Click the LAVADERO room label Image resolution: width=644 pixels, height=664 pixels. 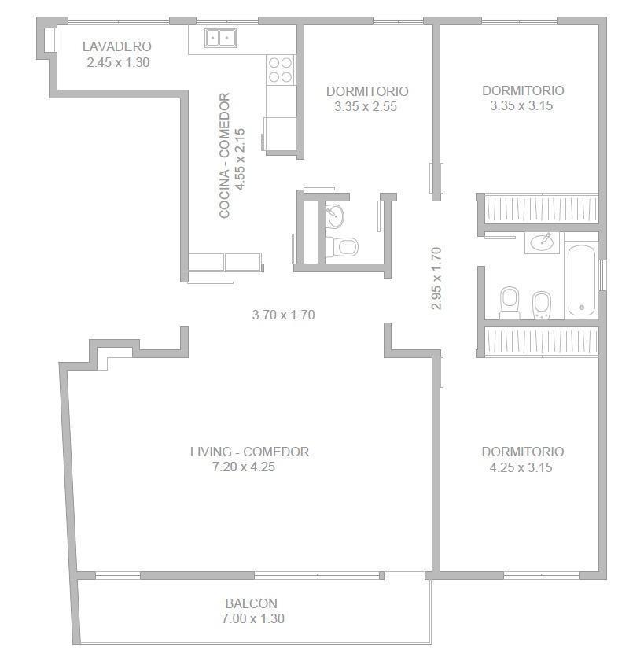(x=117, y=46)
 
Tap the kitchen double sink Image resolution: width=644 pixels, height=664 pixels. (x=220, y=38)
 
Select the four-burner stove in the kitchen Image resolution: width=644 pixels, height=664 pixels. (x=280, y=70)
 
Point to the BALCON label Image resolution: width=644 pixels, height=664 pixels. (x=252, y=603)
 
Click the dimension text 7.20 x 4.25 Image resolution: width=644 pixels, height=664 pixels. (x=244, y=467)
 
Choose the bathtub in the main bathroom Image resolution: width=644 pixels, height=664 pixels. (x=581, y=280)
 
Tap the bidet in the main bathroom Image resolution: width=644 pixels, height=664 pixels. (x=541, y=305)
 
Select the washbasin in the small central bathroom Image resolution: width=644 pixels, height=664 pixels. (x=335, y=216)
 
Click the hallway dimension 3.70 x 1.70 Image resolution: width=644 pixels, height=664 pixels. (x=284, y=315)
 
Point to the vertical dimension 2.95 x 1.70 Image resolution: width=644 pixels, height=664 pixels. (x=436, y=279)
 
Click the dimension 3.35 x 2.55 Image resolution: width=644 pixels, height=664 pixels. (x=366, y=106)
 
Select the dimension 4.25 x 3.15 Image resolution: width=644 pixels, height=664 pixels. (x=521, y=467)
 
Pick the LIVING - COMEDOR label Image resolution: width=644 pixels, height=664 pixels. (x=249, y=452)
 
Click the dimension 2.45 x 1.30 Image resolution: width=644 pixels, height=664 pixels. (x=118, y=63)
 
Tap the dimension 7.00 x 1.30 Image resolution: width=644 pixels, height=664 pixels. (x=253, y=618)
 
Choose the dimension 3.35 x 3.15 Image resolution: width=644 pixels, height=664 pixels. (x=521, y=105)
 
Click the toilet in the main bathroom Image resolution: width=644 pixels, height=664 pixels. (x=510, y=303)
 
